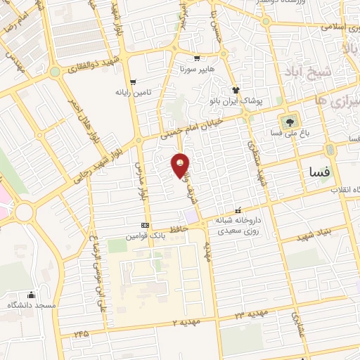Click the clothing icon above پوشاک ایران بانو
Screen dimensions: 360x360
click(x=236, y=90)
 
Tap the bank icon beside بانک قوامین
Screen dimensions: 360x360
click(x=145, y=225)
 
